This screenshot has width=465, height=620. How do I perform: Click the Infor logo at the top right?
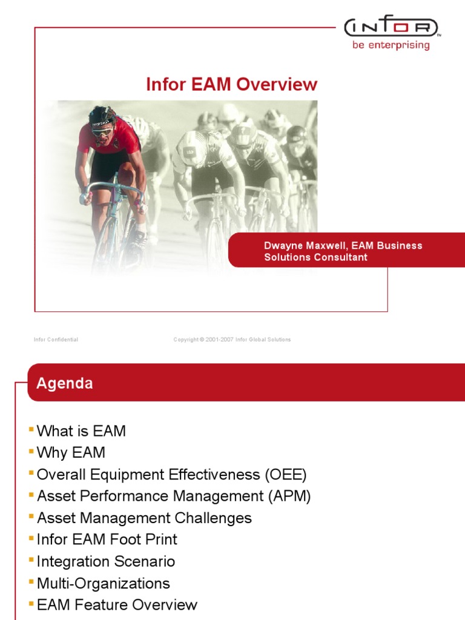391,28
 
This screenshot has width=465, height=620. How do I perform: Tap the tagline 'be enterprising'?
391,45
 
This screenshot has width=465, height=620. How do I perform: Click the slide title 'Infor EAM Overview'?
231,84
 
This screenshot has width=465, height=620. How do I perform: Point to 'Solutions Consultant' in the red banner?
315,257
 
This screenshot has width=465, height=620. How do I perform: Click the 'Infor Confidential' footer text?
56,340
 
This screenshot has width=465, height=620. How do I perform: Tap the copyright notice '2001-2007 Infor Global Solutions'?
248,340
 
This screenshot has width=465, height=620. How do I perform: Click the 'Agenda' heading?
65,383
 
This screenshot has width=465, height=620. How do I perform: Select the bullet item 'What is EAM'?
81,431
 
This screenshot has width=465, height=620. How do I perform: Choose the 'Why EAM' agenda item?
71,453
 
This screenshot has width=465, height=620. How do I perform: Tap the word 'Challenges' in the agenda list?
213,518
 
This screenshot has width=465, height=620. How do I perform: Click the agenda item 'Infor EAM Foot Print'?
107,539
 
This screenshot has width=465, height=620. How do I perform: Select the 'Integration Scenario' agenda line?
106,561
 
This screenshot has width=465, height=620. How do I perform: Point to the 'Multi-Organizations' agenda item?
104,583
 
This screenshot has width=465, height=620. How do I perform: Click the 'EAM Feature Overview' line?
117,605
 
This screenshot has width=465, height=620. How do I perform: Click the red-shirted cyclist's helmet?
101,116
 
